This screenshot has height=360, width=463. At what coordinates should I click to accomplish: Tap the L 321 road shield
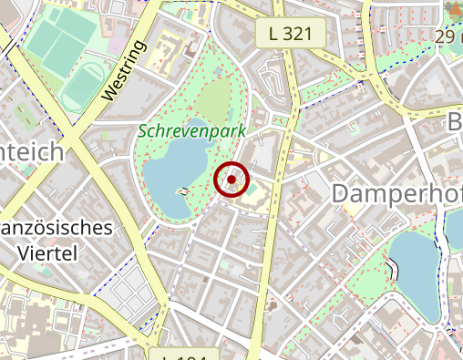pyautogui.click(x=297, y=35)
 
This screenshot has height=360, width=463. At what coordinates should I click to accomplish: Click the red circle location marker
pyautogui.click(x=232, y=180)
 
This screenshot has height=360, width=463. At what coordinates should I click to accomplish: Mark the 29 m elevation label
pyautogui.click(x=448, y=36)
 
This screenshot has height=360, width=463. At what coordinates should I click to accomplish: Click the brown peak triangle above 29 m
pyautogui.click(x=453, y=11)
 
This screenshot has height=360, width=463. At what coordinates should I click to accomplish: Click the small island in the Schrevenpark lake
pyautogui.click(x=185, y=191)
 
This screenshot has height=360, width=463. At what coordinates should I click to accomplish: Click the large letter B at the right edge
pyautogui.click(x=454, y=123)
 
